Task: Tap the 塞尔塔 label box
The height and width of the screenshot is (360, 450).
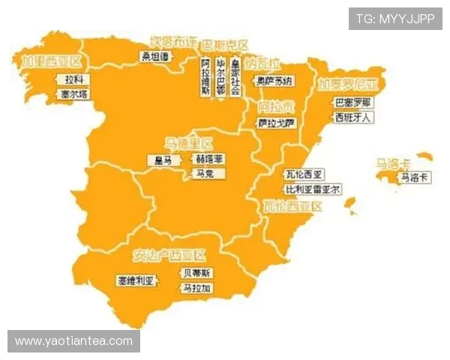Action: [x=75, y=94]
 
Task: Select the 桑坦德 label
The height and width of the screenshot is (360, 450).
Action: [x=156, y=56]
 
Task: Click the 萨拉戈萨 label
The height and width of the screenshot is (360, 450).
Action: [x=274, y=122]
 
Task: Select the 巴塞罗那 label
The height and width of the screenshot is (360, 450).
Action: [x=352, y=102]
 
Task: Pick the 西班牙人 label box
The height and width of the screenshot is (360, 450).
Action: [x=352, y=118]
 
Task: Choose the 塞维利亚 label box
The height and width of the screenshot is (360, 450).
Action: [x=136, y=281]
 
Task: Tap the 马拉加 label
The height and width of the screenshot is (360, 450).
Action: [x=197, y=288]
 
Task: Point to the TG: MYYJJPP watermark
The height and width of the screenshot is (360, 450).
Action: [x=395, y=19]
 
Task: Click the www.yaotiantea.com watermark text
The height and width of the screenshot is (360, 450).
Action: [x=73, y=341]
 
